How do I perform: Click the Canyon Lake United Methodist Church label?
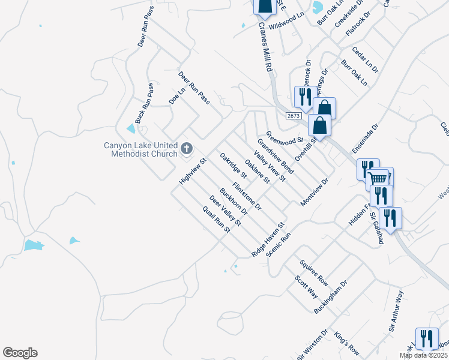pyautogui.click(x=141, y=149)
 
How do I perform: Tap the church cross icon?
pyautogui.click(x=187, y=148)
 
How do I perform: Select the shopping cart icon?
pyautogui.click(x=378, y=178)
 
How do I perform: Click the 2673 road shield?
pyautogui.click(x=293, y=116)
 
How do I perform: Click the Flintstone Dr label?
pyautogui.click(x=247, y=196)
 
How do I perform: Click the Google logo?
pyautogui.click(x=20, y=353)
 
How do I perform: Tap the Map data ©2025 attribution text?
pyautogui.click(x=423, y=355)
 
